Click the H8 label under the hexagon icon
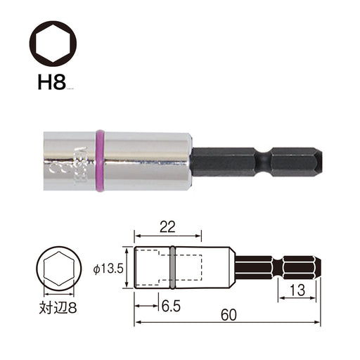click(x=51, y=82)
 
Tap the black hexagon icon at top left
click(x=53, y=43)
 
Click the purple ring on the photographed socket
click(x=100, y=161)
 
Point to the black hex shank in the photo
click(x=257, y=162)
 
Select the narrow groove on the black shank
click(x=264, y=162)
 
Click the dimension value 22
click(x=167, y=227)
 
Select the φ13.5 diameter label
click(x=108, y=269)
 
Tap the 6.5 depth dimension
click(x=171, y=306)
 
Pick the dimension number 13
click(x=297, y=290)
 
